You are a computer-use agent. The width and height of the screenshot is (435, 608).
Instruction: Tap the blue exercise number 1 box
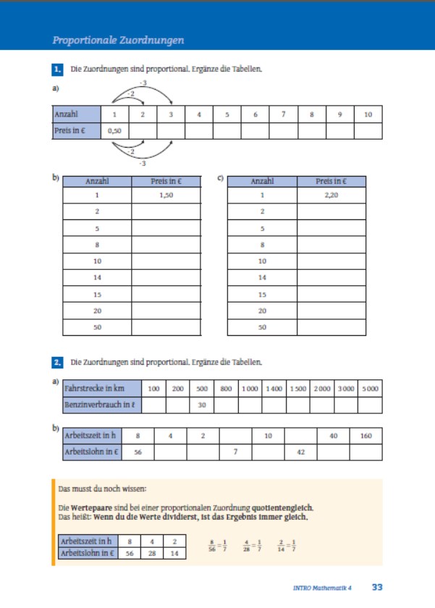click(58, 70)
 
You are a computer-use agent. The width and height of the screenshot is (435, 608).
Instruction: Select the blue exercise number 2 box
click(58, 361)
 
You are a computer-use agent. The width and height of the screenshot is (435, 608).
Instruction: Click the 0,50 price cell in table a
click(114, 132)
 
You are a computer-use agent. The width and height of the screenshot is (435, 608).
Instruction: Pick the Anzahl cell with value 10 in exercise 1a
click(368, 114)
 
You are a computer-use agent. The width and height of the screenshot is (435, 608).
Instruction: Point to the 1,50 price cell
click(166, 195)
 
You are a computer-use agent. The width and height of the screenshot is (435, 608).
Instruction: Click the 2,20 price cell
click(331, 195)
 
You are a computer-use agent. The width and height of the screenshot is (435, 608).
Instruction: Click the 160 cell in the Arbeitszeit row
click(366, 436)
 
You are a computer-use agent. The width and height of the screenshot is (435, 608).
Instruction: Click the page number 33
click(378, 587)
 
